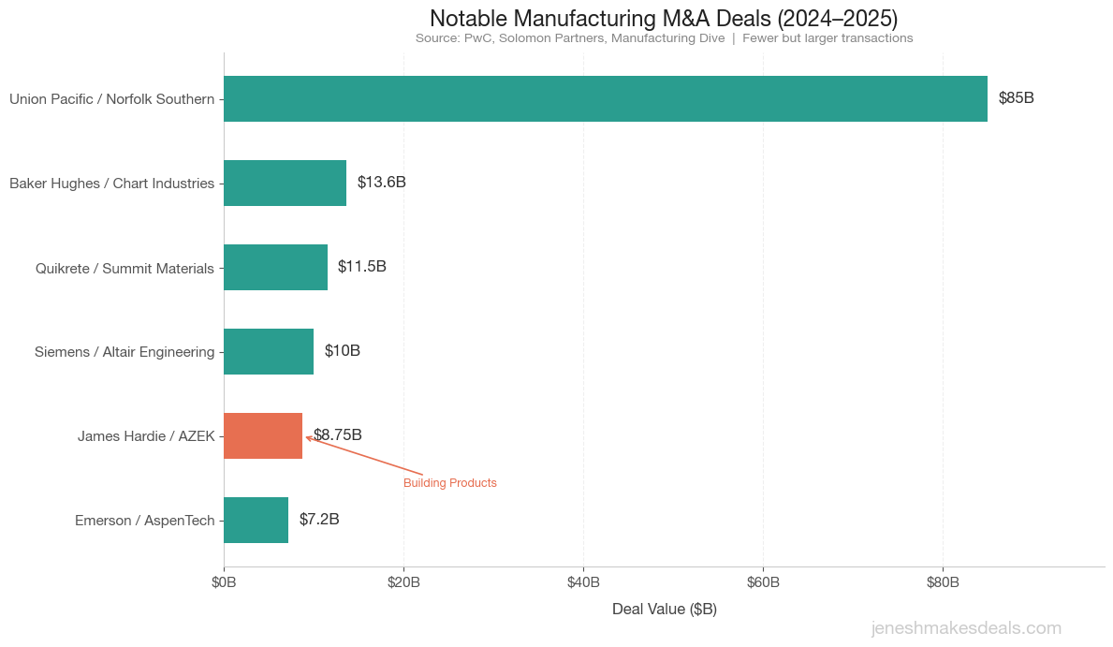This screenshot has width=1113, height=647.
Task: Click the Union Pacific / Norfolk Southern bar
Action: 605,98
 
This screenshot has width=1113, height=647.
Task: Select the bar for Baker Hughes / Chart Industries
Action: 285,183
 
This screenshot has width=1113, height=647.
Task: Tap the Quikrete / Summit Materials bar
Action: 275,267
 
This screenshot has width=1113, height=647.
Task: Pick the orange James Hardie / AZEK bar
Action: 262,435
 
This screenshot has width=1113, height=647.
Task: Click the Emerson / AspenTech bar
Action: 256,520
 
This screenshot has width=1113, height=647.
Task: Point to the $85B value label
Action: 1016,98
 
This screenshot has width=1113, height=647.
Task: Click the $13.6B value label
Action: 381,183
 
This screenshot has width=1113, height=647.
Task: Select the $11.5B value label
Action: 361,267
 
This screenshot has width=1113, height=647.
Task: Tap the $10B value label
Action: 342,351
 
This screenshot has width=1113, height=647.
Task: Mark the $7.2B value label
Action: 319,520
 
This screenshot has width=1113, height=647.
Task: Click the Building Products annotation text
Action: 449,483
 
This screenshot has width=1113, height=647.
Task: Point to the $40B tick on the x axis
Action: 583,582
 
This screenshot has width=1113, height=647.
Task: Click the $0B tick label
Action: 224,582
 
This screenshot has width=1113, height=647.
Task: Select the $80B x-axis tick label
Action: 943,582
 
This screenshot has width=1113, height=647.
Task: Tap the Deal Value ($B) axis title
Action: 664,610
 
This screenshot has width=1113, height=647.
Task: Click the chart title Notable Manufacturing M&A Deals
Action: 664,19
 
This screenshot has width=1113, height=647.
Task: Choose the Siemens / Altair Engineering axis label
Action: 124,352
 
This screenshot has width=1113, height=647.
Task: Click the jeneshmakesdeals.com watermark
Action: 966,628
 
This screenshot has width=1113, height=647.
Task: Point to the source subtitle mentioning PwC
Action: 664,38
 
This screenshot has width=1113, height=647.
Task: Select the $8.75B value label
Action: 338,435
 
